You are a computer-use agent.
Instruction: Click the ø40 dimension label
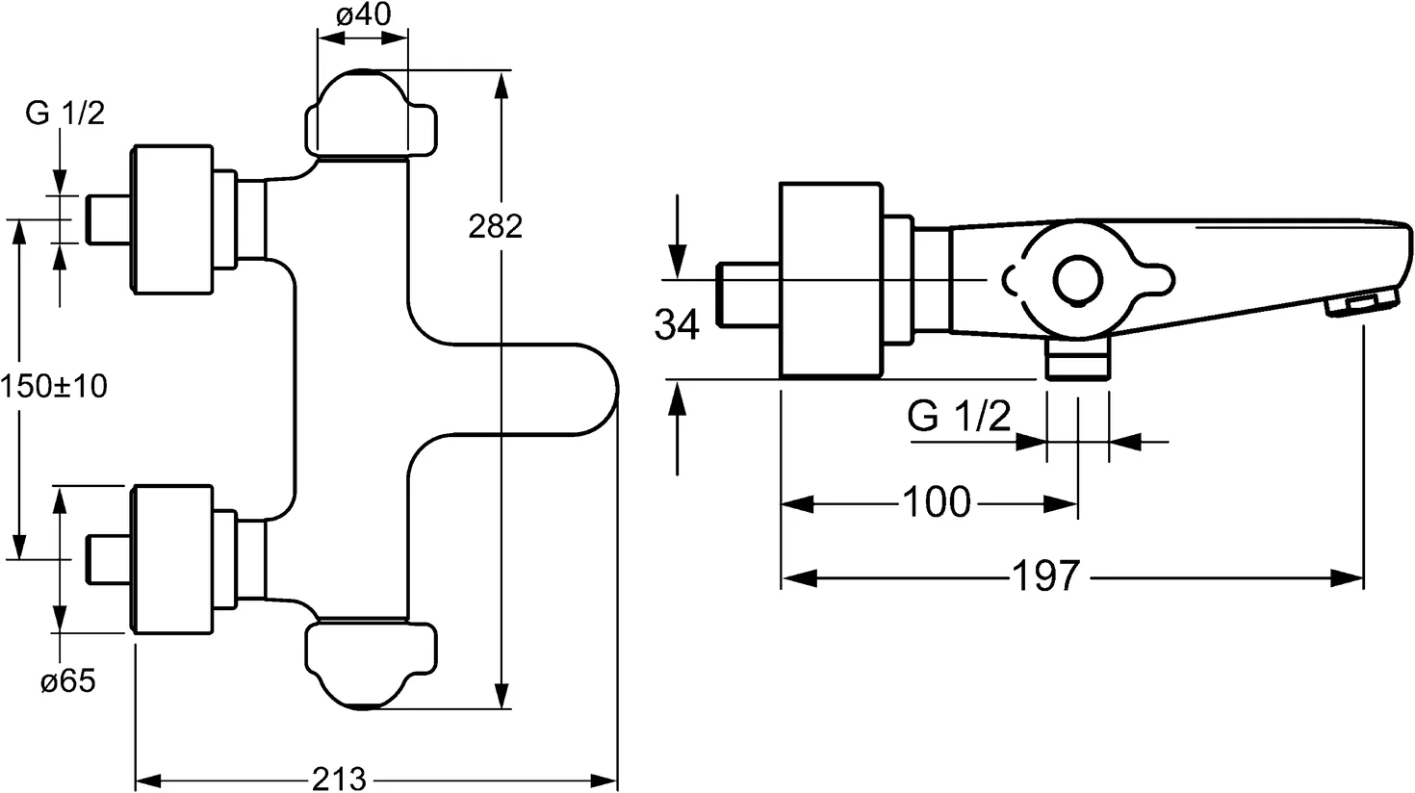(363, 16)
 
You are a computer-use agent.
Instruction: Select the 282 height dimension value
(495, 226)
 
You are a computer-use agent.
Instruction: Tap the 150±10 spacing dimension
(54, 387)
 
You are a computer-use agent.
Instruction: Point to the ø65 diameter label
(67, 682)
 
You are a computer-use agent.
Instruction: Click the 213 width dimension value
(340, 778)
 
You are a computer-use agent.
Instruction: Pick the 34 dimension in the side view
(678, 325)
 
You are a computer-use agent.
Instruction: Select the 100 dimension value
(936, 502)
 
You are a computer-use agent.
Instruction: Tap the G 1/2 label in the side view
(959, 419)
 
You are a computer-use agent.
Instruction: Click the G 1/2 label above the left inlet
(64, 114)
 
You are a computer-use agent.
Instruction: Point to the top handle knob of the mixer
(370, 116)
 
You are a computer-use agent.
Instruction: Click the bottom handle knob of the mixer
(370, 665)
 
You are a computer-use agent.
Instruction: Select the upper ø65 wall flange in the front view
(169, 217)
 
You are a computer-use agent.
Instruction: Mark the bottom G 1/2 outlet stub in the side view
(1077, 362)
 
